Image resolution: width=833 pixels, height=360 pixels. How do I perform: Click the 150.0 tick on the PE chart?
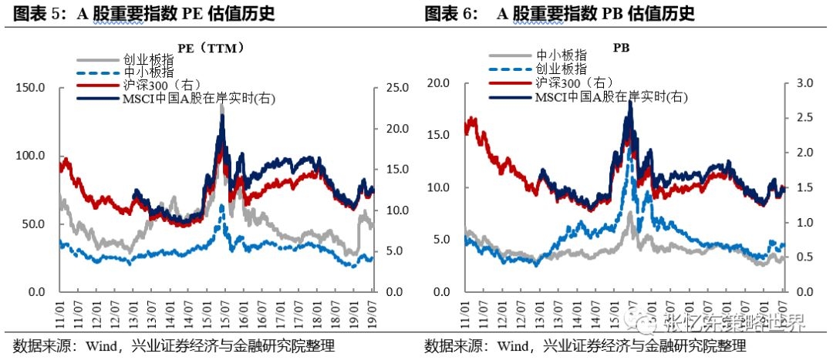[32, 88]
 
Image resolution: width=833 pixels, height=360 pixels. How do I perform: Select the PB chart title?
[621, 48]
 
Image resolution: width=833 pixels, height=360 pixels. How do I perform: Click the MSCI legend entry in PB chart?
[609, 96]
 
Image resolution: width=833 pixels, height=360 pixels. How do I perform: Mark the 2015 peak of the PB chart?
[630, 103]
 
